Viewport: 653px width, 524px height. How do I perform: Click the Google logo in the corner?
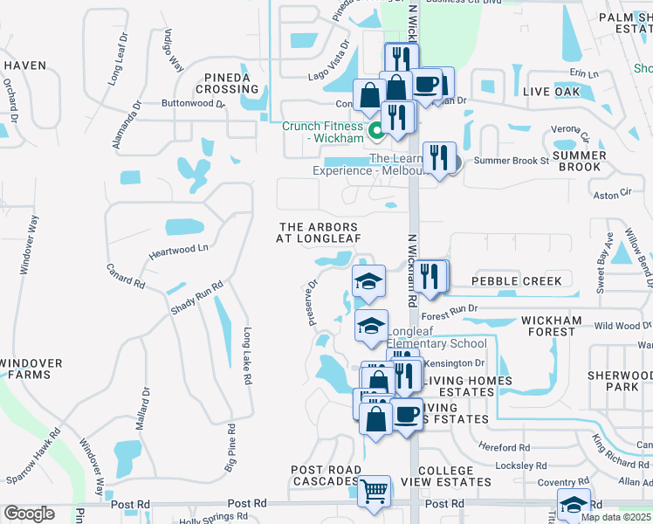pyautogui.click(x=29, y=513)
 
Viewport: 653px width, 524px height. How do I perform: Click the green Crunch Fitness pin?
pyautogui.click(x=377, y=132)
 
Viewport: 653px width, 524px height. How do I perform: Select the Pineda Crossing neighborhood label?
pyautogui.click(x=228, y=83)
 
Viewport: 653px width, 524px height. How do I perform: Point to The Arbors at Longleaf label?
pyautogui.click(x=317, y=232)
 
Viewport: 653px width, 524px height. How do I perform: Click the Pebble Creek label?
pyautogui.click(x=522, y=280)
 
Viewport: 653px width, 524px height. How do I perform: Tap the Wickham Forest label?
pyautogui.click(x=551, y=327)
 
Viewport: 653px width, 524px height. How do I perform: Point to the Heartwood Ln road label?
pyautogui.click(x=179, y=249)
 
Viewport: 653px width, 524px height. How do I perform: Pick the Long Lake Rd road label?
pyautogui.click(x=248, y=356)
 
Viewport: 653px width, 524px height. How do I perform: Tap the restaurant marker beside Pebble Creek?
pyautogui.click(x=430, y=276)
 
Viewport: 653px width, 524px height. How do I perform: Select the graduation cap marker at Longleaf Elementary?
pyautogui.click(x=371, y=326)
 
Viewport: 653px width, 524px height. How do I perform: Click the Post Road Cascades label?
pyautogui.click(x=326, y=477)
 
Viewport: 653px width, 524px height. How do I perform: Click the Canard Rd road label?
pyautogui.click(x=125, y=276)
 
